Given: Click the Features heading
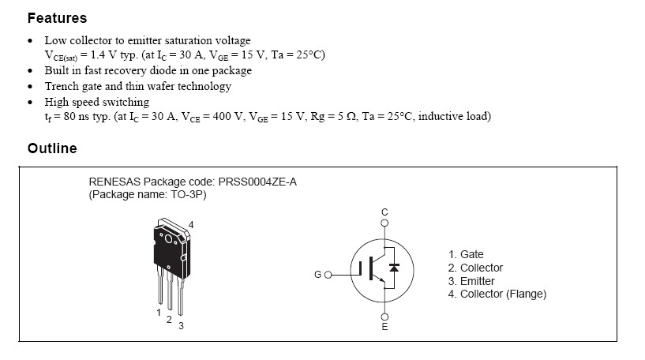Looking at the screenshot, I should coord(57,17).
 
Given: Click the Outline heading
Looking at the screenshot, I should coord(52,148).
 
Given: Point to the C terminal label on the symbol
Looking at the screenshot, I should coord(384,212).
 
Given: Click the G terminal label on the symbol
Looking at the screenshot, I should coord(317,275).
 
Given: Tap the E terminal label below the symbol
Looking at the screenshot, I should coord(384,327).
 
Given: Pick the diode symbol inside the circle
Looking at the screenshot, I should coord(395,268).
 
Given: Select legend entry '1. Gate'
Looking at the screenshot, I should coord(466,254).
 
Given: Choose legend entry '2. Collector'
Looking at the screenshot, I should coord(475,268).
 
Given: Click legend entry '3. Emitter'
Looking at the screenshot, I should coord(472,281).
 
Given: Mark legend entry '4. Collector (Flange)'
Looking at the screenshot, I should coord(497,294).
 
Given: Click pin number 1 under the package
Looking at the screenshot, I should coord(159,313).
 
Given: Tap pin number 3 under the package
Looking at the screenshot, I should coord(181,326).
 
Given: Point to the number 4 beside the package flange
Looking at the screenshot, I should coord(191,225).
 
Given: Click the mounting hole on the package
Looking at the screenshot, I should coord(167,237).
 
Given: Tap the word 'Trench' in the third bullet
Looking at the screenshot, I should coord(62,86).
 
